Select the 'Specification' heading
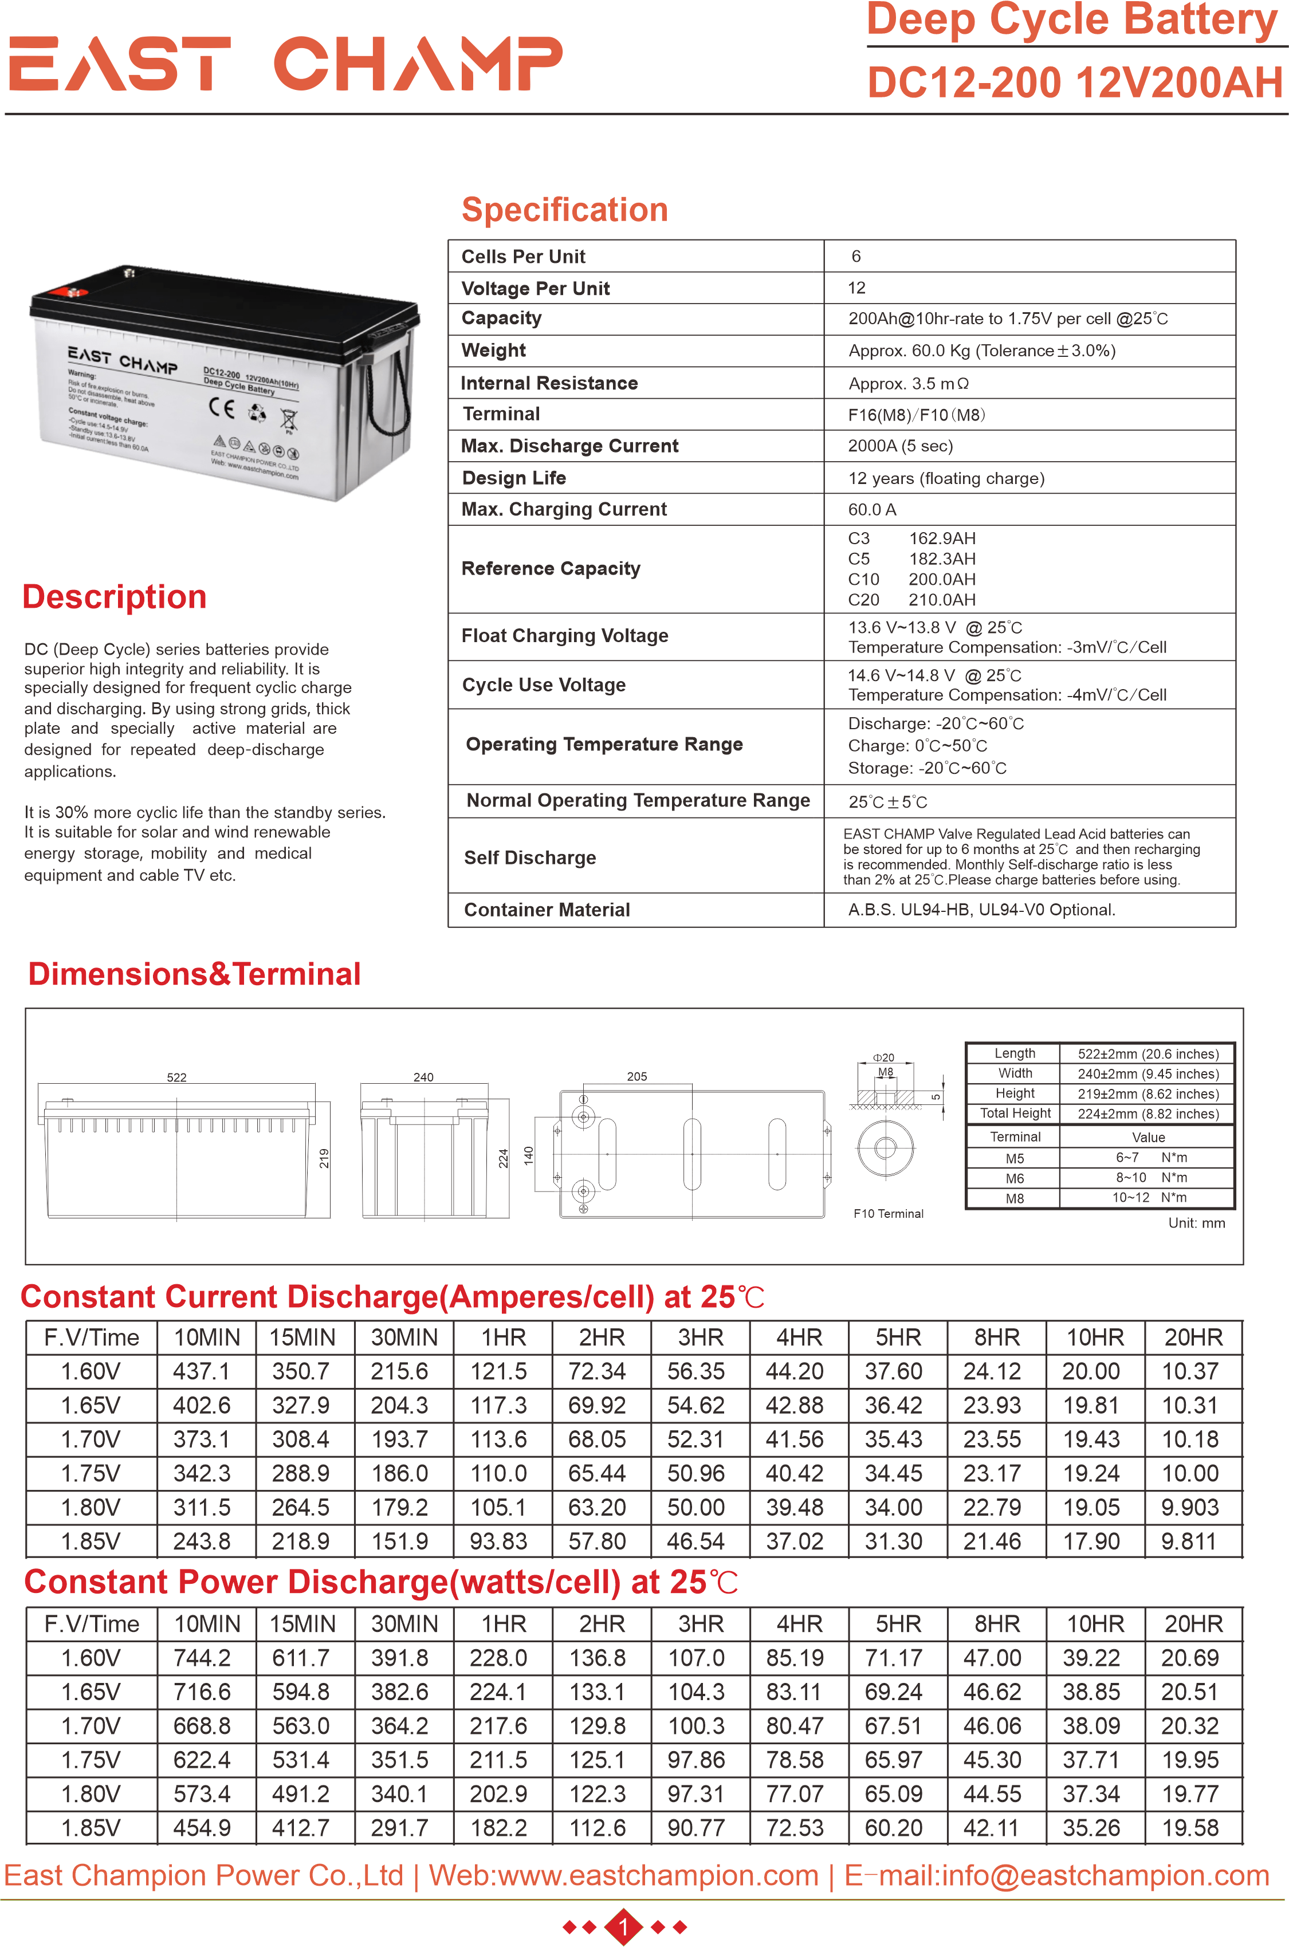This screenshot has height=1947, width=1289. [565, 210]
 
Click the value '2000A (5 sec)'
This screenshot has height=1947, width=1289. [900, 446]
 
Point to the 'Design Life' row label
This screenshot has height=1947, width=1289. [514, 478]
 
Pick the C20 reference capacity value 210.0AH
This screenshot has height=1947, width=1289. [942, 600]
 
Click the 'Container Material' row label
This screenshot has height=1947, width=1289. [547, 910]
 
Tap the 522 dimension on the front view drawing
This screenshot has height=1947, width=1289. [177, 1077]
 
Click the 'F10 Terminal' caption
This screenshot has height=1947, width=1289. [888, 1214]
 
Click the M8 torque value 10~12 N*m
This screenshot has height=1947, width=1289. [1149, 1197]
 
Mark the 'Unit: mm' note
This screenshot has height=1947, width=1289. [1196, 1223]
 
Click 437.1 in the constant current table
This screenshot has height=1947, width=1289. [202, 1372]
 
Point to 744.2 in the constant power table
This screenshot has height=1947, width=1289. [202, 1658]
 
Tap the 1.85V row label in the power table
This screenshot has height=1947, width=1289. [91, 1828]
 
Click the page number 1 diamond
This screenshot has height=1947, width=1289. [623, 1926]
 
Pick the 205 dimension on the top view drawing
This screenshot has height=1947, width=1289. [637, 1077]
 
